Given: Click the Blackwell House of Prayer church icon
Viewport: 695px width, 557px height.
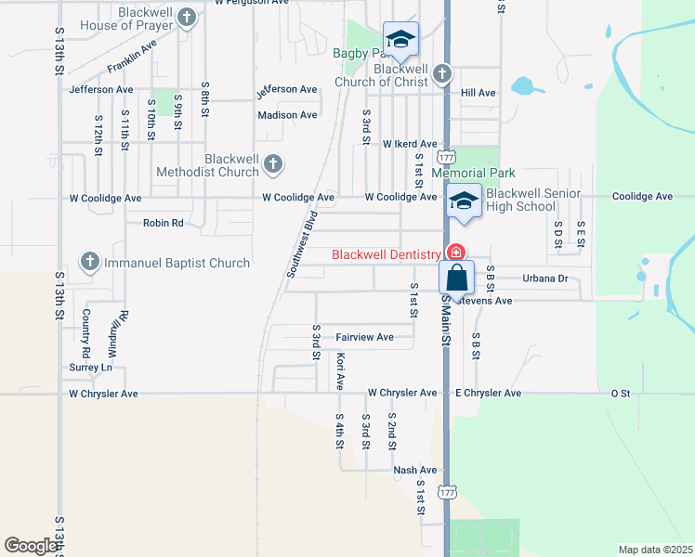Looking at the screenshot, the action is tap(188, 17).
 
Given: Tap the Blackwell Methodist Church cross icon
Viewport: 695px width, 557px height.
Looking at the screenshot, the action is tap(272, 164).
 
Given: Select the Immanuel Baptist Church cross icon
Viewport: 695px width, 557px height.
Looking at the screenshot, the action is tap(90, 262).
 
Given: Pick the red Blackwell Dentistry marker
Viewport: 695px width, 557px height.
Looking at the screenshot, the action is tap(455, 253).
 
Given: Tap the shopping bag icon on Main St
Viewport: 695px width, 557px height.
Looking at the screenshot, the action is tap(456, 277).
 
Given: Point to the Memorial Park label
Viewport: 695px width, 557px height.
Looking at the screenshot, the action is tap(472, 173).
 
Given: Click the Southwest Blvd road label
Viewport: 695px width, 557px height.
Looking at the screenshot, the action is tap(303, 244).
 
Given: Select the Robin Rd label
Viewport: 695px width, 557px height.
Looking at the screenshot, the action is tap(163, 223).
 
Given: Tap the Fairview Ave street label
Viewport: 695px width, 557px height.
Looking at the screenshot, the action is tap(365, 337).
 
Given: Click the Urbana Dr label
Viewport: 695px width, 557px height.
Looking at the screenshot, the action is tap(544, 278).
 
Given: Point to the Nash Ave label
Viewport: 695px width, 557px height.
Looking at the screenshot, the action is tap(414, 470).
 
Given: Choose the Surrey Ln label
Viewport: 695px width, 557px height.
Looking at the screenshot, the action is tap(91, 368).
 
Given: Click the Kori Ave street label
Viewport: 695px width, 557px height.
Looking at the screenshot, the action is tap(341, 370).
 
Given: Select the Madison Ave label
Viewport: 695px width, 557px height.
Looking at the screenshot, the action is tap(287, 115).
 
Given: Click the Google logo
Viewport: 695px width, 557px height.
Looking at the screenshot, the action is tap(31, 546).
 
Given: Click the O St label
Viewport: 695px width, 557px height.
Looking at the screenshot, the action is tap(620, 394).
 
